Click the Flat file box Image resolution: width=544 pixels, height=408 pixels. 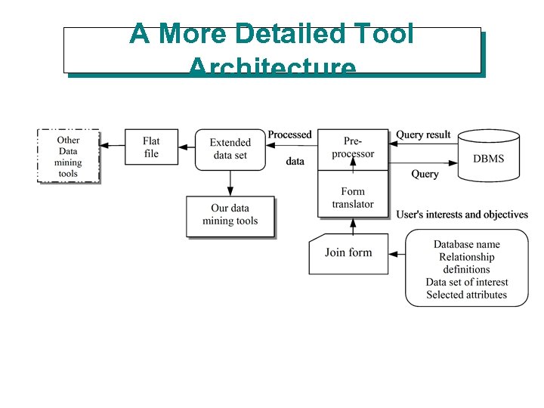tap(152, 147)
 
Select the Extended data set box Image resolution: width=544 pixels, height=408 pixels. tap(230, 149)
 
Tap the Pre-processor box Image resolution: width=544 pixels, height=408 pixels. tap(353, 147)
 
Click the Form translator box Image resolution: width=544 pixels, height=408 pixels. tap(353, 197)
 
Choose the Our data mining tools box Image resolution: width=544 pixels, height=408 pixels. tap(230, 215)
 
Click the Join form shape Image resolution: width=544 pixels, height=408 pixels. tap(348, 252)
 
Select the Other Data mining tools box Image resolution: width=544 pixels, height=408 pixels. tap(68, 156)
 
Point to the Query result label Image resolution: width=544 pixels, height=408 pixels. tap(423, 134)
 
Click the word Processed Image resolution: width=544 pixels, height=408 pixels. tap(289, 134)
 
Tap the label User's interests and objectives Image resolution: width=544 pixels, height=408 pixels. tap(462, 215)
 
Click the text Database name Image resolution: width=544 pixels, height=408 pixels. tap(466, 244)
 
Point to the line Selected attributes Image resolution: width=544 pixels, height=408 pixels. tap(466, 295)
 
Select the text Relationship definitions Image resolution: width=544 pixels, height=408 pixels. tap(466, 263)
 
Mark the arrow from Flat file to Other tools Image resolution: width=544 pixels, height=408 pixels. tap(112, 145)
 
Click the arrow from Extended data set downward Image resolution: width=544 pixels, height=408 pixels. tap(230, 182)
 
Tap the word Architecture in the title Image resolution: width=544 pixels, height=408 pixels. tap(272, 68)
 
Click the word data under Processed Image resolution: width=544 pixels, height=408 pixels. tap(295, 161)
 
